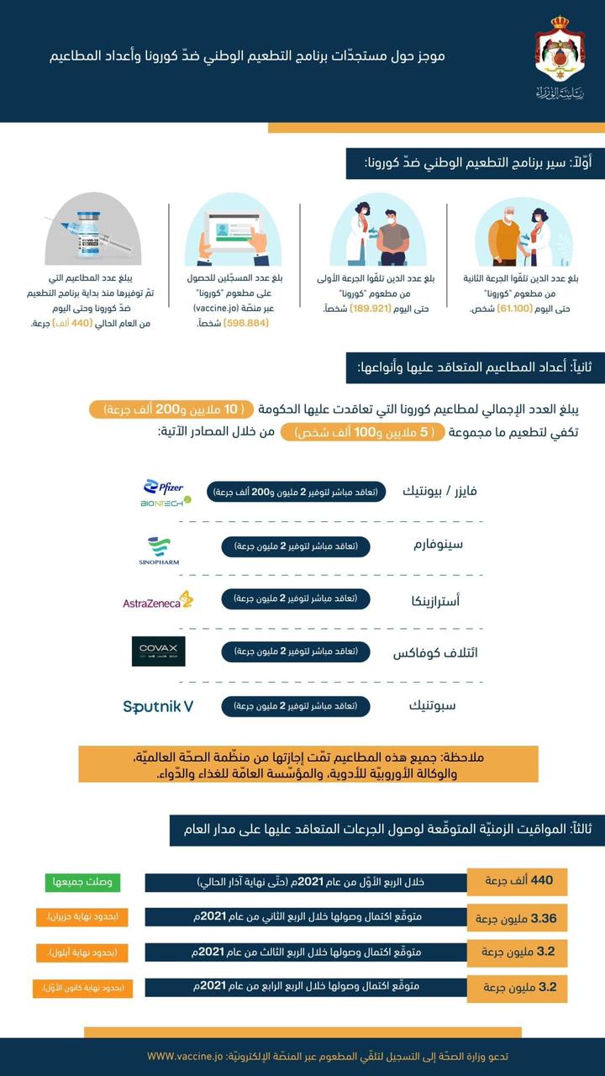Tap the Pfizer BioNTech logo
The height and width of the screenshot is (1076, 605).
(x=165, y=493)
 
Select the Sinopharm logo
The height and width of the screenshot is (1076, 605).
(x=159, y=551)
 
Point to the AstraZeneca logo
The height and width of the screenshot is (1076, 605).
(x=158, y=600)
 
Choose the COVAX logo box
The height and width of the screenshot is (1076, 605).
(x=159, y=651)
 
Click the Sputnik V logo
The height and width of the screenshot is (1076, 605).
(x=158, y=706)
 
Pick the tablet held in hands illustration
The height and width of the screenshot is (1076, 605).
(x=233, y=231)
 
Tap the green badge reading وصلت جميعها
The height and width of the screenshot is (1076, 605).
(x=82, y=882)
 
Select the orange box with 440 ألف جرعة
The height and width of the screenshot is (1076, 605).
(x=518, y=881)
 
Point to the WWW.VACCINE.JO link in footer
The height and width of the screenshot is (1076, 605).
(x=185, y=1055)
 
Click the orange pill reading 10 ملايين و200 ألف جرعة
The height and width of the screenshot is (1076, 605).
(x=171, y=409)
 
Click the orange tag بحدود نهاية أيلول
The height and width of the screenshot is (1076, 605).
(x=82, y=952)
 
